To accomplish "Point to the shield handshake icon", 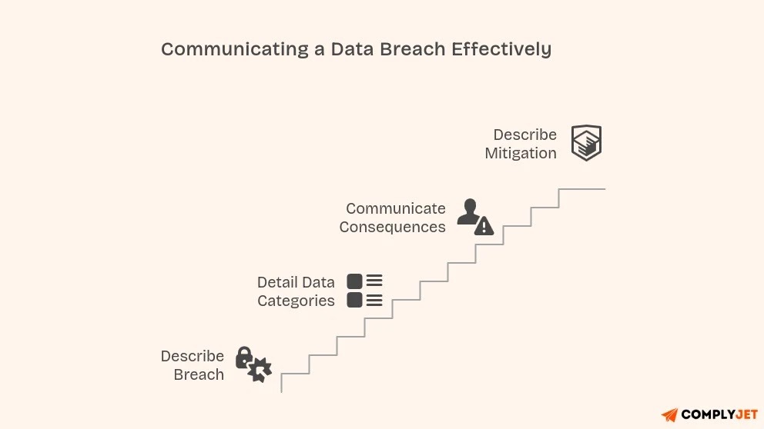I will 586,143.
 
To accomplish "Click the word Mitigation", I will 521,153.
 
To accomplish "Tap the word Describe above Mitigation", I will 525,135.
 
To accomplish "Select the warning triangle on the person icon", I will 484,226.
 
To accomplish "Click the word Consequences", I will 392,227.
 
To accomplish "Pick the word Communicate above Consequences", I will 396,208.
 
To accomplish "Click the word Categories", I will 296,301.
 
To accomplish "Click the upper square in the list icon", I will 354,281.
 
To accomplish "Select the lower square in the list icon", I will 354,300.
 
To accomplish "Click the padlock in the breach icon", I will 244,357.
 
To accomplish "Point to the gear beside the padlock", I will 260,370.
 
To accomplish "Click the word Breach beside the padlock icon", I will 199,374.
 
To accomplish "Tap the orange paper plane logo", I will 669,415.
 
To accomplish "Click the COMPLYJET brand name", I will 720,415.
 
